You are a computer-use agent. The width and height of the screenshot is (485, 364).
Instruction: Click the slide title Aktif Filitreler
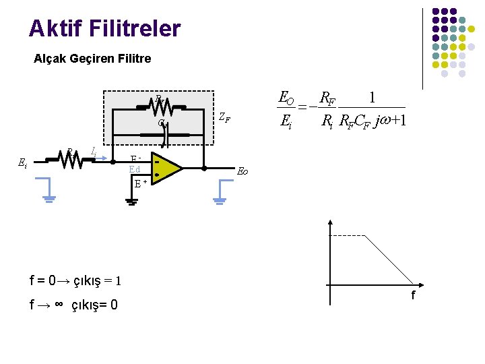(x=104, y=28)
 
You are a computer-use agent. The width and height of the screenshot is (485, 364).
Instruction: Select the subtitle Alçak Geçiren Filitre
(x=92, y=59)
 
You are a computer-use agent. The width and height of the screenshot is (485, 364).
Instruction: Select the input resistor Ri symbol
(x=69, y=160)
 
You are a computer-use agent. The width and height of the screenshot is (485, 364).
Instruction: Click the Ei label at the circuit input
(x=22, y=162)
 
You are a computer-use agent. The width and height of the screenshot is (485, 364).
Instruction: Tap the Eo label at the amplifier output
(x=243, y=172)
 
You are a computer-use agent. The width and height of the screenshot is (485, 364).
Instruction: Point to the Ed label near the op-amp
(x=134, y=169)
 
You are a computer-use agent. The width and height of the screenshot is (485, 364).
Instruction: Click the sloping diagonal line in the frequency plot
(x=389, y=260)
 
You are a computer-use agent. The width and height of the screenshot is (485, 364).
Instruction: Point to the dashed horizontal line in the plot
(x=347, y=235)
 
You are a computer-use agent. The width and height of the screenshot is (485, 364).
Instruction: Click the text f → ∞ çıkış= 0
(x=74, y=305)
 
